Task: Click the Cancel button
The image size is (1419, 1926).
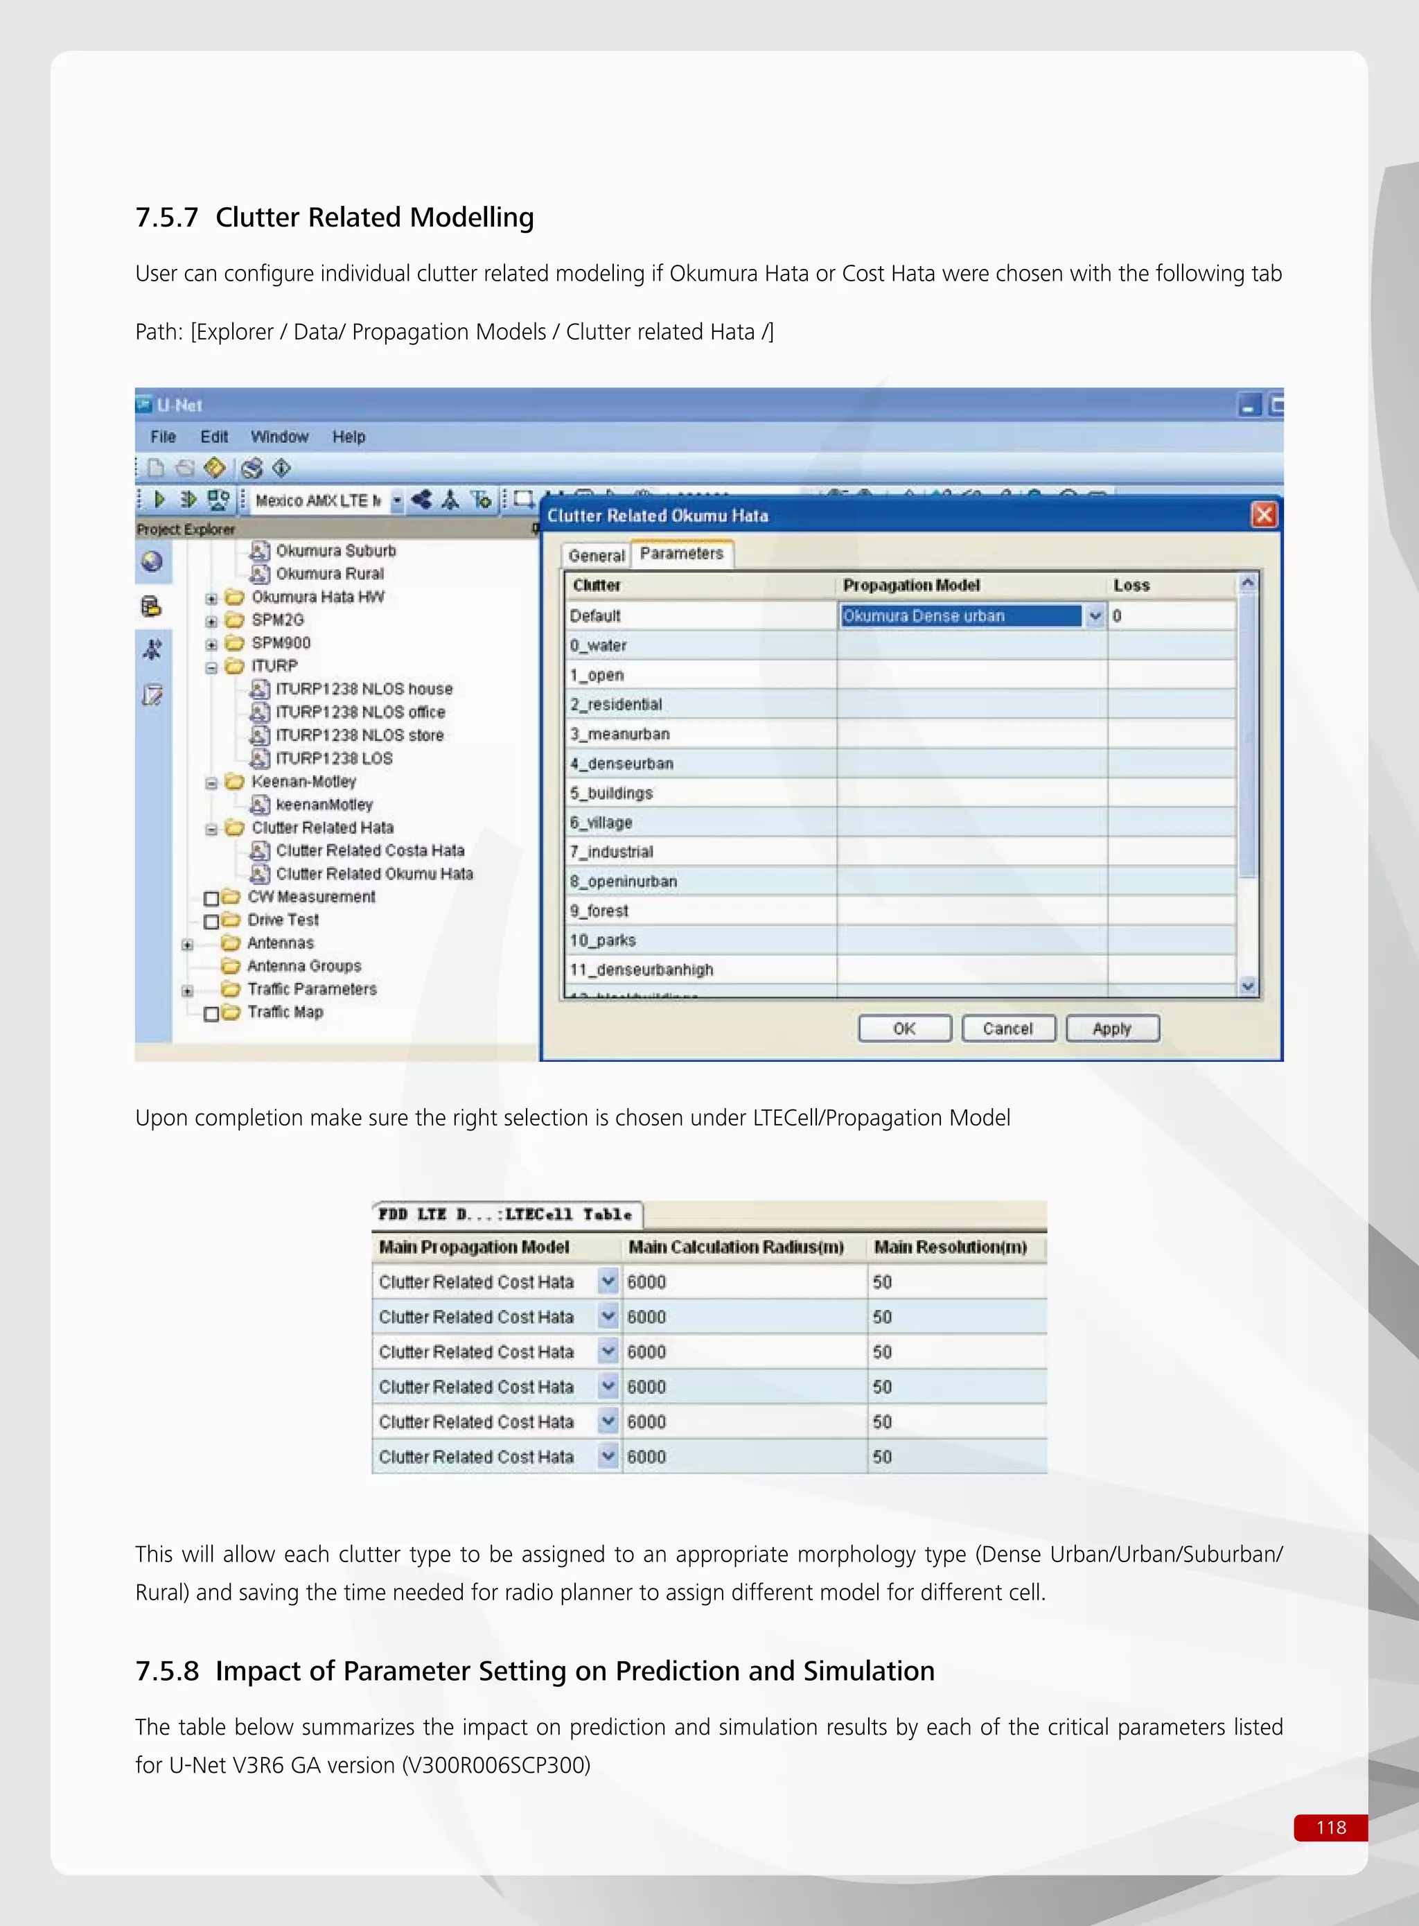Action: click(1007, 1028)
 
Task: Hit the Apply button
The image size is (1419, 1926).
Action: click(1111, 1028)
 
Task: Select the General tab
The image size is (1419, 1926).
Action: click(596, 556)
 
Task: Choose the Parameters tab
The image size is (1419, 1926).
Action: click(681, 554)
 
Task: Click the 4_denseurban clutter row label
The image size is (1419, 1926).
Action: click(622, 764)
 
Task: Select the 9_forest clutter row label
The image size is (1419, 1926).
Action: click(599, 911)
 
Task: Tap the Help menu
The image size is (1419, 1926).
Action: click(349, 437)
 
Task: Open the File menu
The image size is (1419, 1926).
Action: click(162, 437)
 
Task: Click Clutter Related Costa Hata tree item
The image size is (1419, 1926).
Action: click(369, 850)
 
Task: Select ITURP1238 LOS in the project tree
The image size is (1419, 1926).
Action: click(333, 758)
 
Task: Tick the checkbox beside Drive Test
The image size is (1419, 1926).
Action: click(211, 921)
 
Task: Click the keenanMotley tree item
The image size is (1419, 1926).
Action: click(324, 805)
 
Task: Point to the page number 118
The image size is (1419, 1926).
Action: click(1330, 1827)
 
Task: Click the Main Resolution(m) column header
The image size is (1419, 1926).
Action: click(950, 1247)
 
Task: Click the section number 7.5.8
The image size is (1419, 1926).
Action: click(167, 1671)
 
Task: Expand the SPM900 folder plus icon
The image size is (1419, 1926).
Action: click(211, 643)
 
